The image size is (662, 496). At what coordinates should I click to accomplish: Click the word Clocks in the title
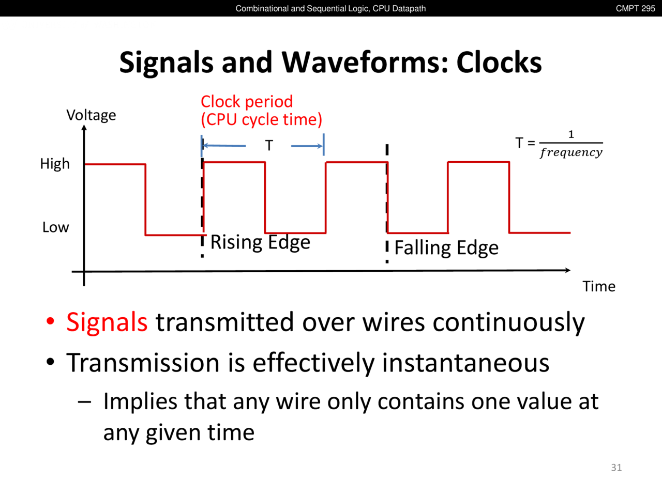pyautogui.click(x=499, y=63)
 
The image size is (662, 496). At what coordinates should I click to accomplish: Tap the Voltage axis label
pyautogui.click(x=91, y=116)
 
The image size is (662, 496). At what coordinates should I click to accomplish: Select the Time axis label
pyautogui.click(x=599, y=286)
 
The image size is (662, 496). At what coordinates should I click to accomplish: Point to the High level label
pyautogui.click(x=55, y=164)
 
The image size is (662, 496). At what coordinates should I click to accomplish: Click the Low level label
pyautogui.click(x=55, y=227)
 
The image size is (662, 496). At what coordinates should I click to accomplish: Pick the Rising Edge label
pyautogui.click(x=260, y=242)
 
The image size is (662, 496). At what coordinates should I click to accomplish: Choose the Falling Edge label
pyautogui.click(x=446, y=248)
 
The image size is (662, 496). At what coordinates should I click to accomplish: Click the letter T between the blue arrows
pyautogui.click(x=269, y=146)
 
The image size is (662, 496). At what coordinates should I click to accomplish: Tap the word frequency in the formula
pyautogui.click(x=571, y=153)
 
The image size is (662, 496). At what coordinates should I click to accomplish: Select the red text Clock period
pyautogui.click(x=247, y=101)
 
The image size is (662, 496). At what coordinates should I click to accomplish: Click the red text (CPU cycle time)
pyautogui.click(x=262, y=119)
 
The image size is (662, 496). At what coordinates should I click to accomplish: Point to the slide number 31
pyautogui.click(x=616, y=468)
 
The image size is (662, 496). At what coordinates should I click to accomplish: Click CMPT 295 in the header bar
pyautogui.click(x=635, y=8)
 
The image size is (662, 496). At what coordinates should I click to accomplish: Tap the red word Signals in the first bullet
pyautogui.click(x=107, y=322)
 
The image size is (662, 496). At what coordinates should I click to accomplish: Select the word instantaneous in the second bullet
pyautogui.click(x=465, y=363)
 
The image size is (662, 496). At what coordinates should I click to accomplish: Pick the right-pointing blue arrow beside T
pyautogui.click(x=307, y=146)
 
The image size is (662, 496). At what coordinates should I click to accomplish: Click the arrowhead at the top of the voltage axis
pyautogui.click(x=84, y=128)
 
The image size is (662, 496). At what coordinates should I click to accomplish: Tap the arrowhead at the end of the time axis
pyautogui.click(x=567, y=270)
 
